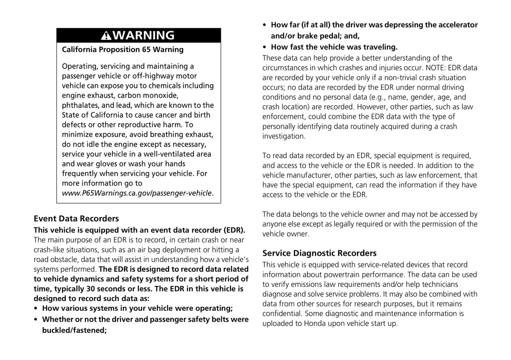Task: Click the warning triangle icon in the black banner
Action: [x=106, y=36]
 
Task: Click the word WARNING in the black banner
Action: [x=144, y=36]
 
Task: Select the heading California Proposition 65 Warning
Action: [x=123, y=49]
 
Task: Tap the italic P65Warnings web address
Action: [x=137, y=193]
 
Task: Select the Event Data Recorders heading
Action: [x=76, y=219]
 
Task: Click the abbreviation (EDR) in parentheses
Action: [x=234, y=230]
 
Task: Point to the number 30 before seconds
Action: [x=91, y=289]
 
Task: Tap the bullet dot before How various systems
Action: [x=36, y=308]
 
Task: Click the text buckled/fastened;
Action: [x=74, y=331]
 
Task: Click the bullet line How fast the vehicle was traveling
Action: [x=334, y=47]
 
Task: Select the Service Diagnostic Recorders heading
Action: [x=319, y=253]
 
